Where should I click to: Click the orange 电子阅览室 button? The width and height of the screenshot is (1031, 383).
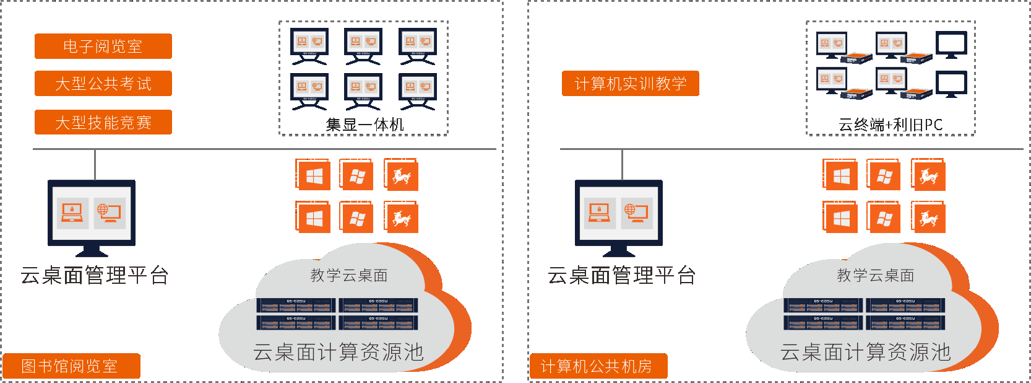pos(103,46)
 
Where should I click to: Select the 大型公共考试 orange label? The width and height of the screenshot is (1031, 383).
pos(103,84)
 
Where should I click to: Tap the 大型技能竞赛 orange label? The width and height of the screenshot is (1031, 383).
pos(103,122)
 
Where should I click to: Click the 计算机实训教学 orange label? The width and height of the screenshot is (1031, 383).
pos(630,84)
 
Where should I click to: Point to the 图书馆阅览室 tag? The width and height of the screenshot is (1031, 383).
pos(71,366)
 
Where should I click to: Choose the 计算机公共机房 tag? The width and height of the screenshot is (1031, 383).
pos(598,366)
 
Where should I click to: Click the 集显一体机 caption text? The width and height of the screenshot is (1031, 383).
pos(365,125)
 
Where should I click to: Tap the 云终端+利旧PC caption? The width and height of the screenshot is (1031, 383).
pos(890,125)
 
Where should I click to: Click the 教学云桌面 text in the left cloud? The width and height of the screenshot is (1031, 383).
pos(348,275)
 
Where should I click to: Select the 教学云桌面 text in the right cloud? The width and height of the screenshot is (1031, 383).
pos(875,275)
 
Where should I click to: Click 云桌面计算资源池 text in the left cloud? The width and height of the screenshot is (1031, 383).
pos(338,352)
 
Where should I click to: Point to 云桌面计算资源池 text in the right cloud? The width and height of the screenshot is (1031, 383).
pos(865,352)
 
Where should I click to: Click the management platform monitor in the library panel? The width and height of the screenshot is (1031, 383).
pos(92,214)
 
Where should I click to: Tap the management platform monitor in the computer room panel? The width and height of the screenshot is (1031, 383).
pos(618,214)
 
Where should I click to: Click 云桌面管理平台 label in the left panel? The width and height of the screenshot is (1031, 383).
pos(94,275)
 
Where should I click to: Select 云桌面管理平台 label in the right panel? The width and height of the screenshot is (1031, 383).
pos(621,275)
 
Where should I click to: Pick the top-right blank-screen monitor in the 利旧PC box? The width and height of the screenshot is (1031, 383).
pos(951,44)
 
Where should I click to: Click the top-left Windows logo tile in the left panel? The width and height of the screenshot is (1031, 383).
pos(314,176)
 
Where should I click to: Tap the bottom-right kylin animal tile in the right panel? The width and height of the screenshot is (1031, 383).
pos(928,218)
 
